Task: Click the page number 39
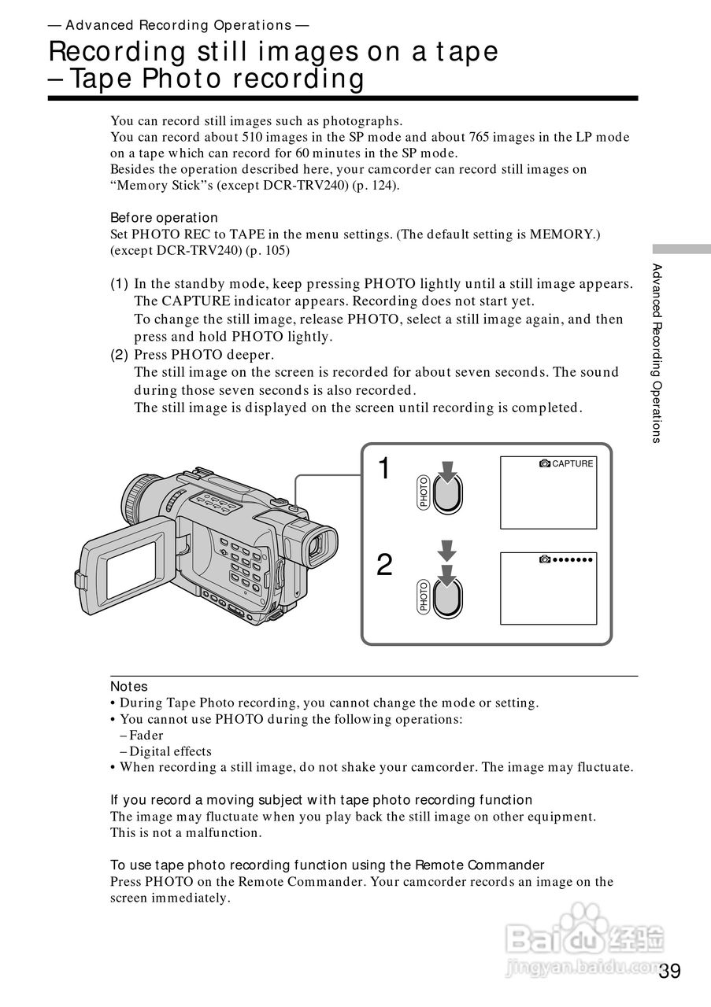point(670,971)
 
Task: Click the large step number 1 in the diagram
point(383,469)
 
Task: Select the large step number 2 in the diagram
point(384,565)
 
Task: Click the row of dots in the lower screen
point(572,559)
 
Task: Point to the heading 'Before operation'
point(164,218)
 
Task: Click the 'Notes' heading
point(128,687)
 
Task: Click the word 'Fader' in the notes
point(146,736)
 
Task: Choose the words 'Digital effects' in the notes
point(170,751)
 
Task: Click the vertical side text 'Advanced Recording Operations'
point(656,353)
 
